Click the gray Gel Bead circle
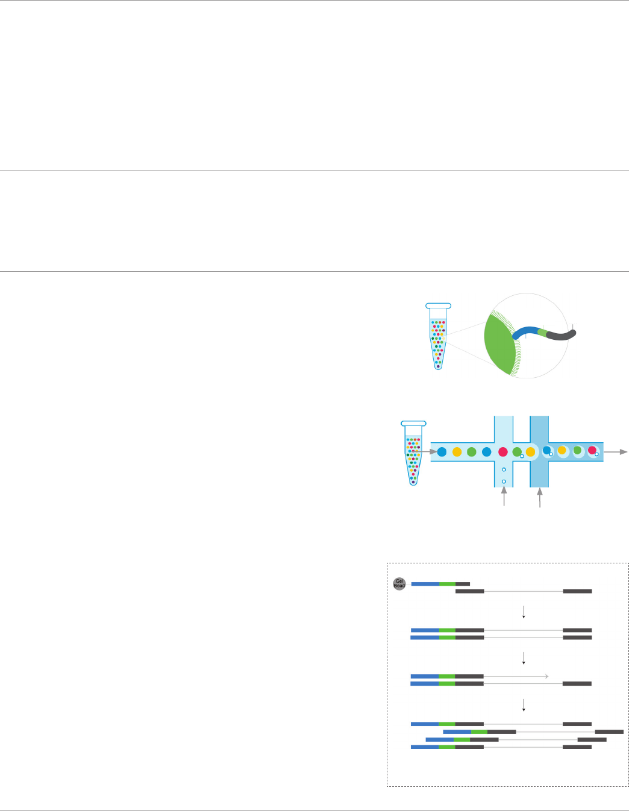(399, 584)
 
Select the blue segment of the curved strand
(525, 331)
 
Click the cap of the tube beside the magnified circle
(438, 305)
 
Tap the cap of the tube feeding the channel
(413, 424)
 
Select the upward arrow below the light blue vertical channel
(504, 497)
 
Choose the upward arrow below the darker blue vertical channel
(540, 497)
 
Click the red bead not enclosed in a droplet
(503, 452)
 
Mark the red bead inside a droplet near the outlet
(592, 450)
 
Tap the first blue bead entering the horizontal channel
(442, 452)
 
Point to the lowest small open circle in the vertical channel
(504, 481)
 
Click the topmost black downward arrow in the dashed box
(524, 612)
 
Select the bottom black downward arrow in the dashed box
(524, 704)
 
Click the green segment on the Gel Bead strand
(447, 584)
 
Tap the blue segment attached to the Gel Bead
(425, 584)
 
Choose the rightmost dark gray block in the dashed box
(609, 731)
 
